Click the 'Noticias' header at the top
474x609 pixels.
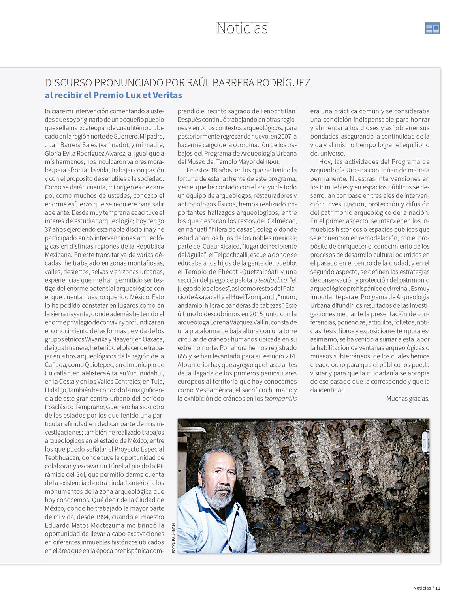(242, 28)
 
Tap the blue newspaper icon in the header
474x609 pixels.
(433, 28)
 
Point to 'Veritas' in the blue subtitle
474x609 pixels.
(167, 95)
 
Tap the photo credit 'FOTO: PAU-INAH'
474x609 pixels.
(173, 538)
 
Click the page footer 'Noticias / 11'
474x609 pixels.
(426, 588)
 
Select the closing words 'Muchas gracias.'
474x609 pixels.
(408, 399)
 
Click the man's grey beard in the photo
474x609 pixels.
(221, 499)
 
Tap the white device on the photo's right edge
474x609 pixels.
(425, 441)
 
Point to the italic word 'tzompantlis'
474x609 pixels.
(280, 399)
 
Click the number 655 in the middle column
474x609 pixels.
(183, 356)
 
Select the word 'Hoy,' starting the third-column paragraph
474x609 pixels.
(325, 162)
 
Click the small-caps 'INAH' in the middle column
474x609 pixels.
(273, 162)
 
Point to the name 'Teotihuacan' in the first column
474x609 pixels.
(62, 458)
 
